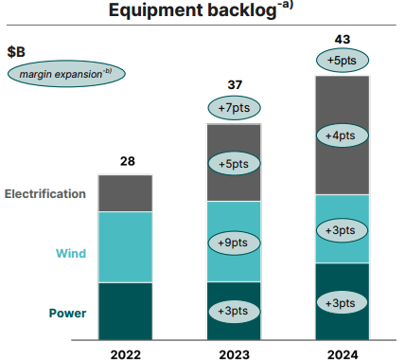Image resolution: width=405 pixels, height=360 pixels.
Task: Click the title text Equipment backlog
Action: click(x=189, y=11)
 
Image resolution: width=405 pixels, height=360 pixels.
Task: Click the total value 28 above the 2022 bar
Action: click(x=126, y=161)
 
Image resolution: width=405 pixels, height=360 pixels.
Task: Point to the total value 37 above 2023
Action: click(x=236, y=85)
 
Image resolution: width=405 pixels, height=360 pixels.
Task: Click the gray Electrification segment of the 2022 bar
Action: click(x=126, y=193)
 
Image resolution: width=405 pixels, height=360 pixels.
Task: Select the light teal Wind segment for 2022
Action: click(x=126, y=246)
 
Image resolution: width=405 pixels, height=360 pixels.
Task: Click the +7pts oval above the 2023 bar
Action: click(x=236, y=108)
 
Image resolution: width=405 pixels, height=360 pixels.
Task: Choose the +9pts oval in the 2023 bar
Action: click(x=234, y=242)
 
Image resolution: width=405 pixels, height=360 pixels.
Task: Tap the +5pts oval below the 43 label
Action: click(x=343, y=62)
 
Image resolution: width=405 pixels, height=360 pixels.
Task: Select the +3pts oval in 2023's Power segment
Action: click(x=234, y=310)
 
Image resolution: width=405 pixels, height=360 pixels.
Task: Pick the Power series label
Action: click(x=67, y=313)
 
